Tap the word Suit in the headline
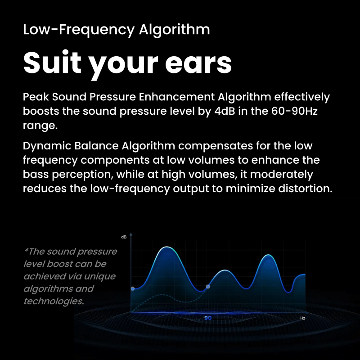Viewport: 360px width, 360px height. pyautogui.click(x=52, y=62)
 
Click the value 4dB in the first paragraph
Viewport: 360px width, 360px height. pyautogui.click(x=225, y=111)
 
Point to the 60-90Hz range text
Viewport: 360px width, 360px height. pyautogui.click(x=295, y=111)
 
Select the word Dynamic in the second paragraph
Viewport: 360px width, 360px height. pyautogui.click(x=47, y=146)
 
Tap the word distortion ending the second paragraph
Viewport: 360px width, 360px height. pyautogui.click(x=305, y=189)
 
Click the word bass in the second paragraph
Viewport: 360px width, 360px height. pyautogui.click(x=36, y=174)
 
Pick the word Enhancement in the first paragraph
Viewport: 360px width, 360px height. pyautogui.click(x=176, y=97)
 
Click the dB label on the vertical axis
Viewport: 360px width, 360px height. pyautogui.click(x=124, y=237)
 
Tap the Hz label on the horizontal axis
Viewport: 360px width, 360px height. pyautogui.click(x=302, y=318)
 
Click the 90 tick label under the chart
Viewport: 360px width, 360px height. pyautogui.click(x=208, y=318)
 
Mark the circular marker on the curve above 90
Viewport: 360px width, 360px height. pyautogui.click(x=208, y=287)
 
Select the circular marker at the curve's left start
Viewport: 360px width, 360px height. pyautogui.click(x=133, y=288)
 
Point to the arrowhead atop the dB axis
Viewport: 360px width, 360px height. pyautogui.click(x=131, y=234)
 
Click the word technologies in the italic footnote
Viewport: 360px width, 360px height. pyautogui.click(x=54, y=301)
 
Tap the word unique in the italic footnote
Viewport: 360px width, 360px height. pyautogui.click(x=99, y=277)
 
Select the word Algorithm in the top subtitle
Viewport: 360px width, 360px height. pyautogui.click(x=175, y=30)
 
